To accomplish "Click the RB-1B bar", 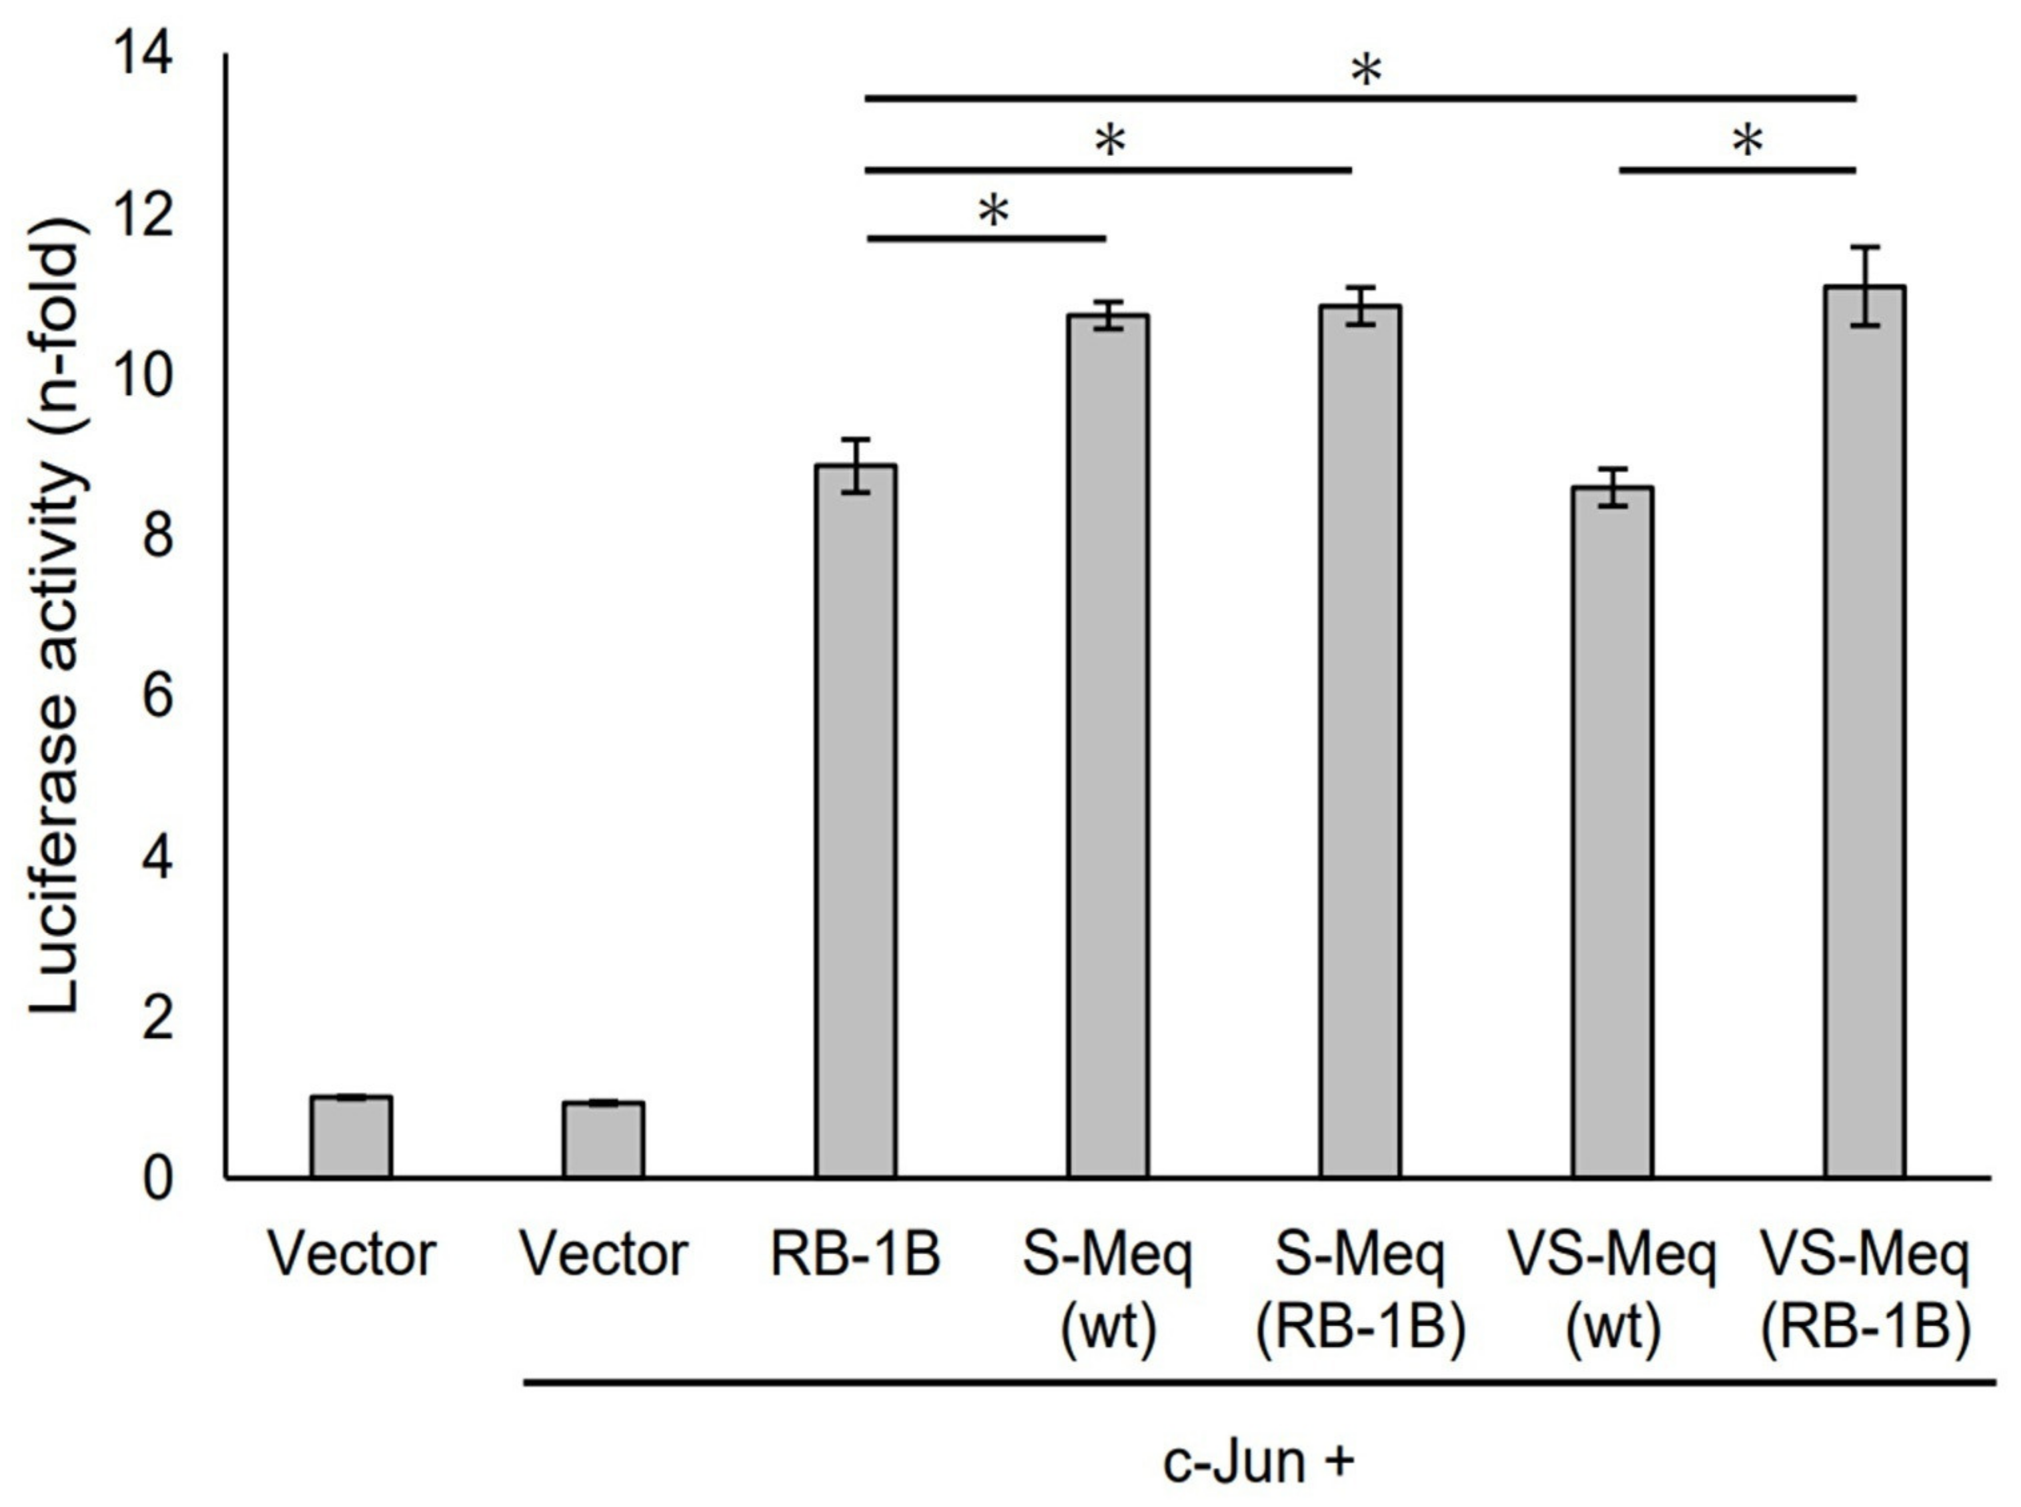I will point(856,821).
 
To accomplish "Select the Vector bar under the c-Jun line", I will point(603,1139).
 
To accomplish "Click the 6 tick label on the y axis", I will point(157,698).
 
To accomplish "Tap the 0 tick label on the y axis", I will point(157,1179).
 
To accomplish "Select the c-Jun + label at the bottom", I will point(1259,1462).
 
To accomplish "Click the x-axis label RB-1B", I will point(856,1255).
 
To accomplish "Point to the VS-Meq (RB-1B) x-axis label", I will point(1865,1291).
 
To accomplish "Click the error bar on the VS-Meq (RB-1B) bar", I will point(1865,286).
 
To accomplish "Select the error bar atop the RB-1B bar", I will point(856,465).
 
